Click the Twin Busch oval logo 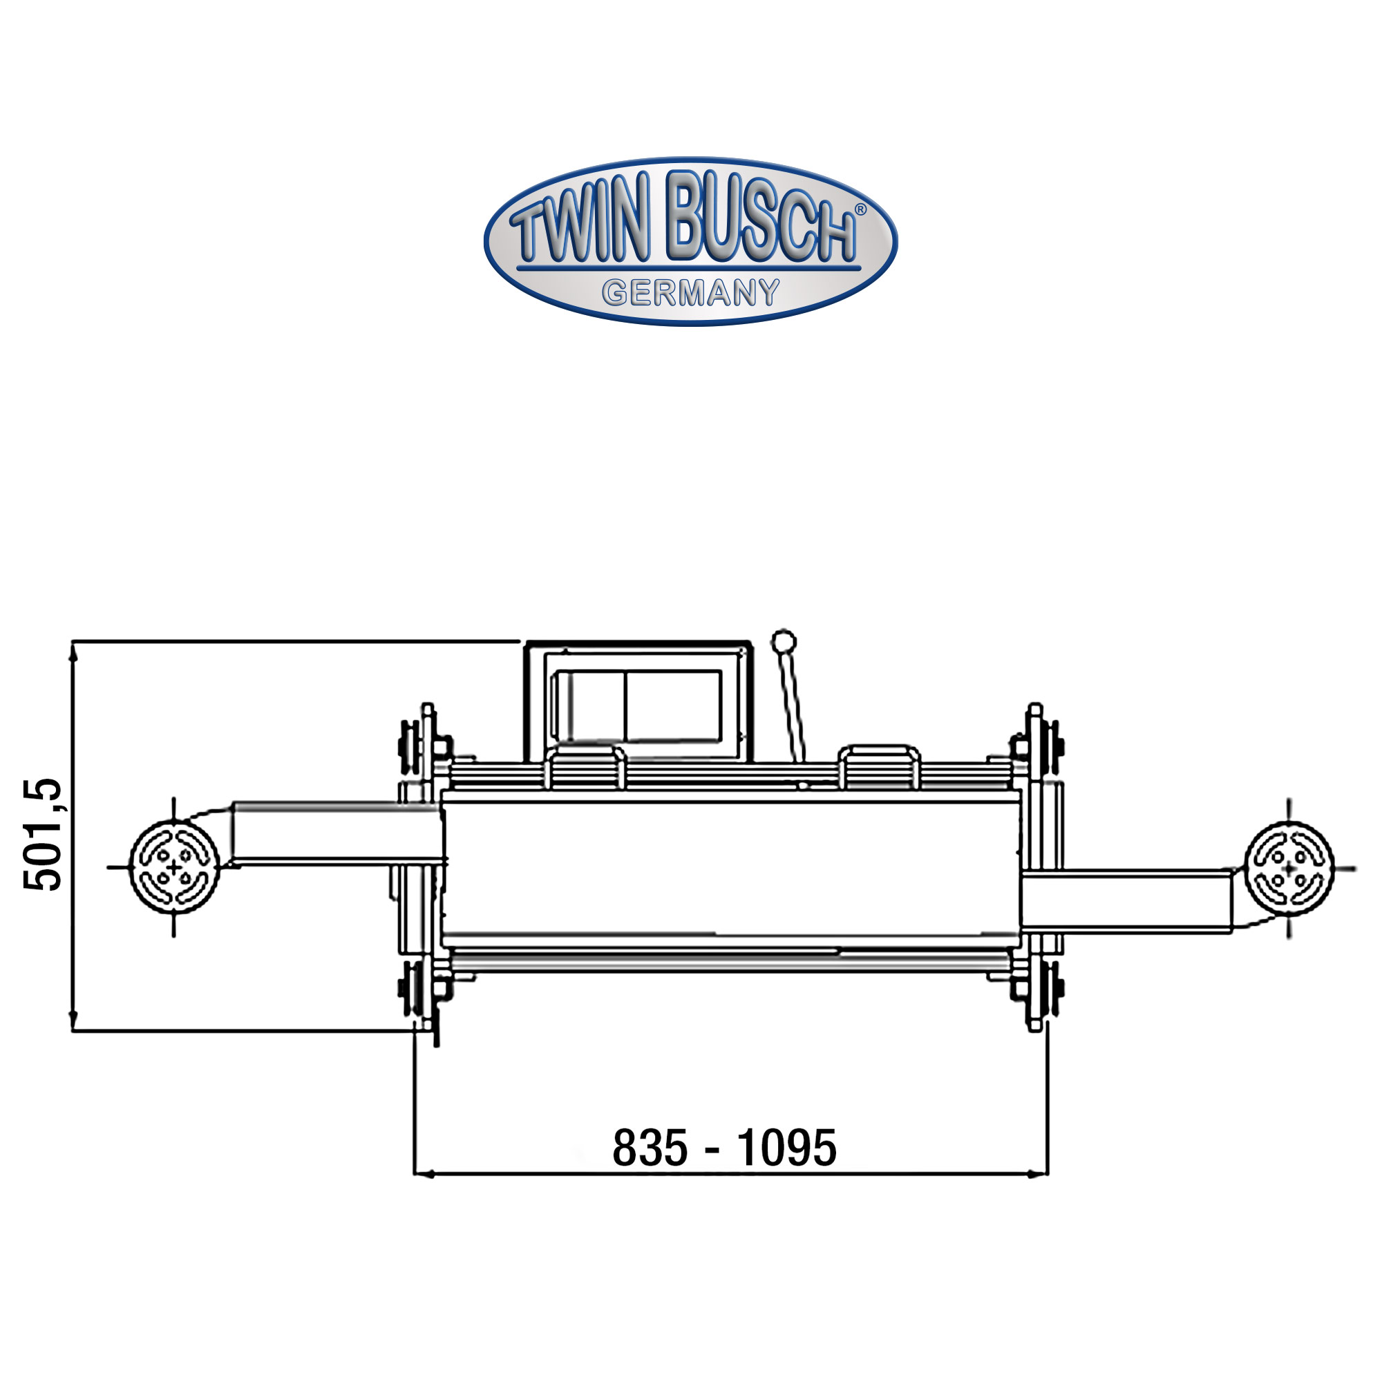tap(690, 241)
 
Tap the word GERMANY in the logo tap(690, 292)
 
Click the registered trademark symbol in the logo tap(860, 209)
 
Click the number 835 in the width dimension tap(650, 1148)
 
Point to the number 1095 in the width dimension tap(787, 1148)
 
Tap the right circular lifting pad tap(1289, 869)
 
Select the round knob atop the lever tap(784, 641)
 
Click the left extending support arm tap(337, 834)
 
